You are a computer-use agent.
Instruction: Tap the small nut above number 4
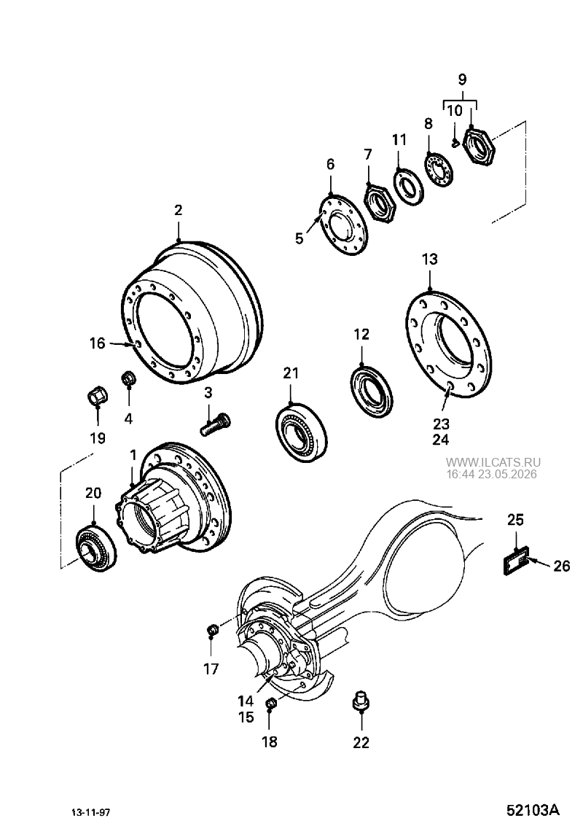[128, 378]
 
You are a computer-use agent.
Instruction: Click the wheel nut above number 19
[97, 396]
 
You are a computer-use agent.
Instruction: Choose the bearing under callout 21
[302, 430]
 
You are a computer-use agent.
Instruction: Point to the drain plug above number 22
[361, 701]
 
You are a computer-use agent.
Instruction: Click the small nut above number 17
[212, 631]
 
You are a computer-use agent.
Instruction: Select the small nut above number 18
[270, 704]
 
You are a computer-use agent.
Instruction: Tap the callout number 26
[562, 566]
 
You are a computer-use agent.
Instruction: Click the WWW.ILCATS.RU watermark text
[493, 462]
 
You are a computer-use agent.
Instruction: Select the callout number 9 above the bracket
[463, 80]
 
